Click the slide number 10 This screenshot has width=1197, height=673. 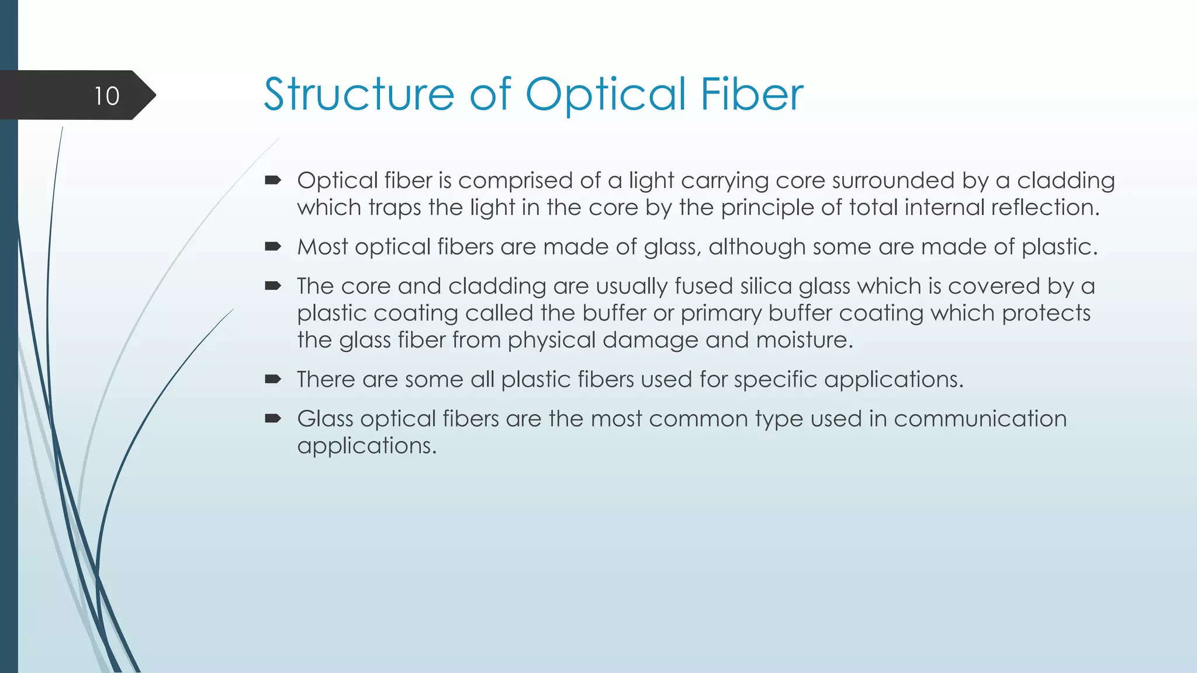pyautogui.click(x=106, y=96)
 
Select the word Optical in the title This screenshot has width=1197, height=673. pyautogui.click(x=606, y=95)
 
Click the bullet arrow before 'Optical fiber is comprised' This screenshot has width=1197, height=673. pyautogui.click(x=273, y=181)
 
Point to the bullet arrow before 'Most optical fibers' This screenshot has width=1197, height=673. pyautogui.click(x=273, y=247)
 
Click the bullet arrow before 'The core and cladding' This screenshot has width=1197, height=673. pyautogui.click(x=273, y=286)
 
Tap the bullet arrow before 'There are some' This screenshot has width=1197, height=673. pyautogui.click(x=273, y=380)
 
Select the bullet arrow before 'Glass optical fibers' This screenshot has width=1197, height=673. pyautogui.click(x=273, y=419)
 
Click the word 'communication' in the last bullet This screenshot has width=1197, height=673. pyautogui.click(x=980, y=419)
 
